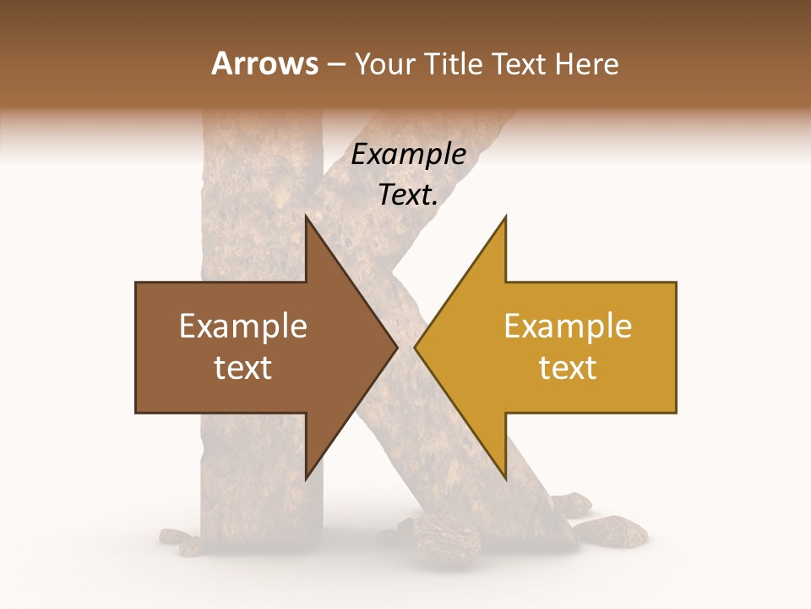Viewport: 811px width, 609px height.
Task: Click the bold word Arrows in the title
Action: point(264,64)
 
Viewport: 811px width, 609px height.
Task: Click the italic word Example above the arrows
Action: point(409,155)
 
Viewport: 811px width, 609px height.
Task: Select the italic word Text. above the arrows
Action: point(409,195)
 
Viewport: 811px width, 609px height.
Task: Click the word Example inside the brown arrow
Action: point(243,326)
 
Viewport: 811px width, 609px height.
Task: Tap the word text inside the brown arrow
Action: point(243,368)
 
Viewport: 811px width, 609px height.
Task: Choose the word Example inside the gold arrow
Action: point(568,326)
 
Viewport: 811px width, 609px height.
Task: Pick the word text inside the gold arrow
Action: point(568,368)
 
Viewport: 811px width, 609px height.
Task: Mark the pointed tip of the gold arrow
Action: point(415,347)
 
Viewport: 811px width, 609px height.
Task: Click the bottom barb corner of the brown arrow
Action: point(306,479)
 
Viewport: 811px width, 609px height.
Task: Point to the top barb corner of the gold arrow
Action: point(505,216)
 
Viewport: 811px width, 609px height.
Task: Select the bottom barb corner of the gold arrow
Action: point(505,479)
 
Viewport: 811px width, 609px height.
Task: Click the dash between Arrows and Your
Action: point(335,65)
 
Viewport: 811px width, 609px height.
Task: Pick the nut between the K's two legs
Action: point(438,533)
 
